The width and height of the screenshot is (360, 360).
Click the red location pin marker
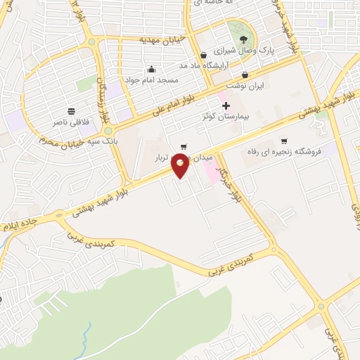click(x=181, y=167)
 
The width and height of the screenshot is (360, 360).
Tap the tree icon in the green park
click(x=243, y=39)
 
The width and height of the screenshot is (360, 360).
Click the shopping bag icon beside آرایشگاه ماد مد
click(x=203, y=55)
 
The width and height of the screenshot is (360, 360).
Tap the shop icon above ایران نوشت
click(x=244, y=74)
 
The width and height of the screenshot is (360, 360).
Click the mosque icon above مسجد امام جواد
click(x=151, y=69)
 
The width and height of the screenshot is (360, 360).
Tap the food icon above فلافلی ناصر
click(x=71, y=111)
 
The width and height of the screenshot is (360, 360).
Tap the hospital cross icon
click(x=226, y=105)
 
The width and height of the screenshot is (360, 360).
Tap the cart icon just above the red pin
click(x=184, y=148)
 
